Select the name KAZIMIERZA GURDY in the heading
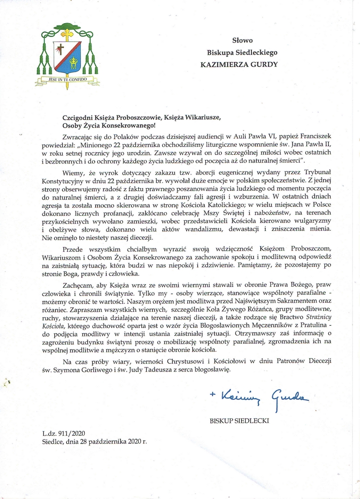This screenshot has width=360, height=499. [239, 64]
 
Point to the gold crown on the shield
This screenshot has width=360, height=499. [73, 60]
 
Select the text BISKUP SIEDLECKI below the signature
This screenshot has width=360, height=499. [239, 421]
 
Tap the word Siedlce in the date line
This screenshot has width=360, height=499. [52, 441]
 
